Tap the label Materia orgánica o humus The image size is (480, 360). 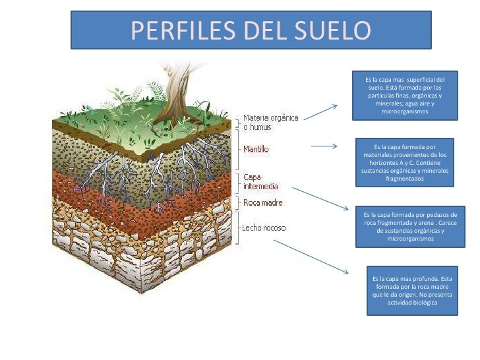point(270,122)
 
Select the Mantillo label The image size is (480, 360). point(256,150)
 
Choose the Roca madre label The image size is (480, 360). point(262,202)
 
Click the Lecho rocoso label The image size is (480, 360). point(264,227)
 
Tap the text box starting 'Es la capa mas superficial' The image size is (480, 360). point(405,96)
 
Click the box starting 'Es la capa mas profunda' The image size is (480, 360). point(412,291)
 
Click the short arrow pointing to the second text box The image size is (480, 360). point(324,146)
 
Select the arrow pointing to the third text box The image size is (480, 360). point(319,198)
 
